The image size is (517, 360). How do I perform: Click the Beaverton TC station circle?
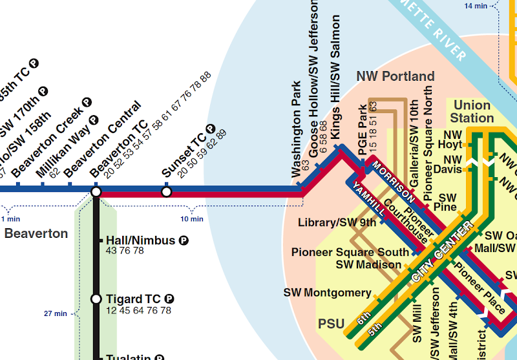(96, 192)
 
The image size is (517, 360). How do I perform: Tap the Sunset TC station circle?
(166, 192)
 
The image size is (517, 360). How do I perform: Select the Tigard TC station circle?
(96, 299)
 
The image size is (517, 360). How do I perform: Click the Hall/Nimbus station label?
(140, 240)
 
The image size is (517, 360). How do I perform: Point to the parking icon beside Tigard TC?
(169, 299)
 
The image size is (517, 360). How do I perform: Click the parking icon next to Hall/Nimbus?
(184, 240)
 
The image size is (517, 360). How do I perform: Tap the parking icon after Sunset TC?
(210, 129)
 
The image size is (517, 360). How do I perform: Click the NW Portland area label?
(396, 76)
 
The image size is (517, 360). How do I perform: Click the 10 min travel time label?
(191, 219)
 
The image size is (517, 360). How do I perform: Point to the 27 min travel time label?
(56, 313)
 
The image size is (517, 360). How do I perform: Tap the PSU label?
(332, 323)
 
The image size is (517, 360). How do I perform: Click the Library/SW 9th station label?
(337, 223)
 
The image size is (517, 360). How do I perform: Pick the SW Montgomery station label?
(327, 293)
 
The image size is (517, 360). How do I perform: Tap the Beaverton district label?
(36, 233)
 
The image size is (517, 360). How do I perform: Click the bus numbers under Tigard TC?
(138, 311)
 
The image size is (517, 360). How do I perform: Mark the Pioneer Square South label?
(350, 252)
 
